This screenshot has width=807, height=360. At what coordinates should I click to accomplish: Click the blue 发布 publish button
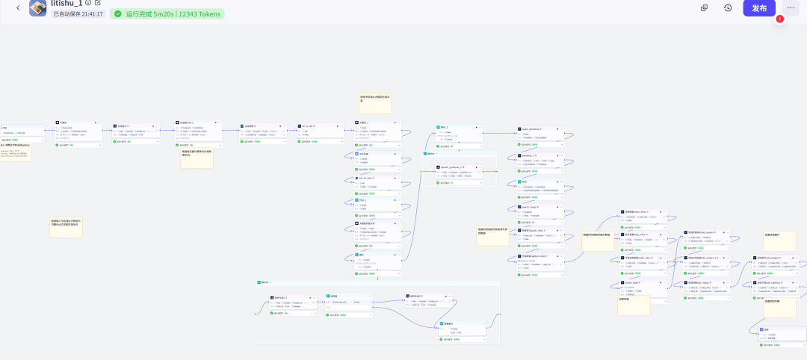759,8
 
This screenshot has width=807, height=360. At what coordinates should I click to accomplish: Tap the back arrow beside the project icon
18,8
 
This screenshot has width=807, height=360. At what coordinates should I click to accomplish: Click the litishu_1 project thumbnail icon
38,7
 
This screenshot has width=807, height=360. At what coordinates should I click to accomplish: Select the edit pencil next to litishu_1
98,3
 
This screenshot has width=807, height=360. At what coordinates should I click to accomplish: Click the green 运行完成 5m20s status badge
167,14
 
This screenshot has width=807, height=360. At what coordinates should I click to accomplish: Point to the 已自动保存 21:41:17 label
78,14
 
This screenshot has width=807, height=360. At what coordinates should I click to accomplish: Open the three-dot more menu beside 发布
791,8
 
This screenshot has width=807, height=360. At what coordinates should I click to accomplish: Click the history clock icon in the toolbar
728,8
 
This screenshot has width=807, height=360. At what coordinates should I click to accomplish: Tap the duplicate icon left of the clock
704,8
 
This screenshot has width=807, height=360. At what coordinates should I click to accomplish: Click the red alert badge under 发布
780,19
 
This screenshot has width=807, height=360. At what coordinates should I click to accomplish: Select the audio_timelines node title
531,129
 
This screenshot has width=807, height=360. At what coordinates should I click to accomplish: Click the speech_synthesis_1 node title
453,167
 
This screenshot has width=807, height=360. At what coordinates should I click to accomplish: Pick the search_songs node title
531,206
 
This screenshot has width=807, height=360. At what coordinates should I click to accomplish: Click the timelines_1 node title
530,155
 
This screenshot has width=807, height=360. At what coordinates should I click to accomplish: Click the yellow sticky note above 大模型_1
375,103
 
